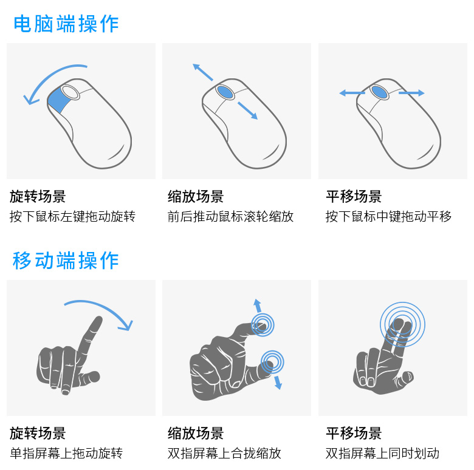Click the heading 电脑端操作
coord(66,24)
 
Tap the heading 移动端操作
coord(66,261)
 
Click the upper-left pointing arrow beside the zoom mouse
coord(202,72)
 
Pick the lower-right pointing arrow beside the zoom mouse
coord(248,111)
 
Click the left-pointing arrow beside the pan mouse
coord(351,93)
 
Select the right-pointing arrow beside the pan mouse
coord(412,93)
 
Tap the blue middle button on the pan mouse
coord(381,92)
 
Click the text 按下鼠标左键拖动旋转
coord(72,217)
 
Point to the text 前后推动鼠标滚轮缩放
coord(230,217)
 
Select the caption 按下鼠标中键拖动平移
coord(388,217)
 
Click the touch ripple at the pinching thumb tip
coord(272,363)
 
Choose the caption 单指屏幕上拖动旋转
coord(66,453)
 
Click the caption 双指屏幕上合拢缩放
coord(224,453)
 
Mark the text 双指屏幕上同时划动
coord(382,453)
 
